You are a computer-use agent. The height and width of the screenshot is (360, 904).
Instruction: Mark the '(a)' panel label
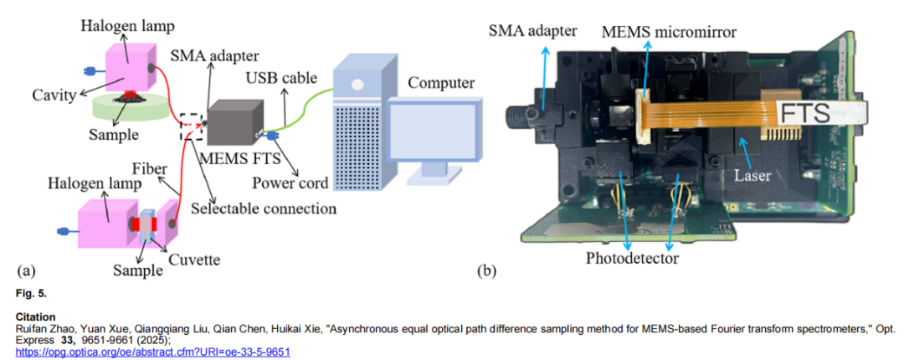click(26, 270)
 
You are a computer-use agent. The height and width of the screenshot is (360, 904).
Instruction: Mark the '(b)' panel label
click(488, 270)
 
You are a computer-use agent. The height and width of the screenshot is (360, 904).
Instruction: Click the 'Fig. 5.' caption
click(30, 294)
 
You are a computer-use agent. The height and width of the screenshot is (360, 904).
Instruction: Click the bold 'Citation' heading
click(34, 317)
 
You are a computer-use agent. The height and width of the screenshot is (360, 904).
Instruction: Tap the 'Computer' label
click(442, 83)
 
